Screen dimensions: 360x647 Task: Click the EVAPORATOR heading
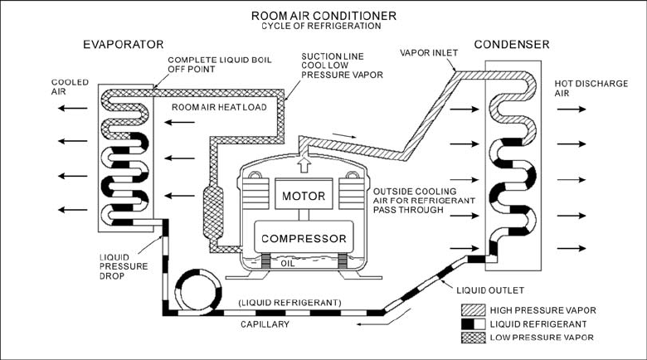124,43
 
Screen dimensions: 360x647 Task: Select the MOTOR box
303,197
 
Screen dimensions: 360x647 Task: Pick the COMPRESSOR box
303,239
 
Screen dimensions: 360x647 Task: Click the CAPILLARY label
263,324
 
